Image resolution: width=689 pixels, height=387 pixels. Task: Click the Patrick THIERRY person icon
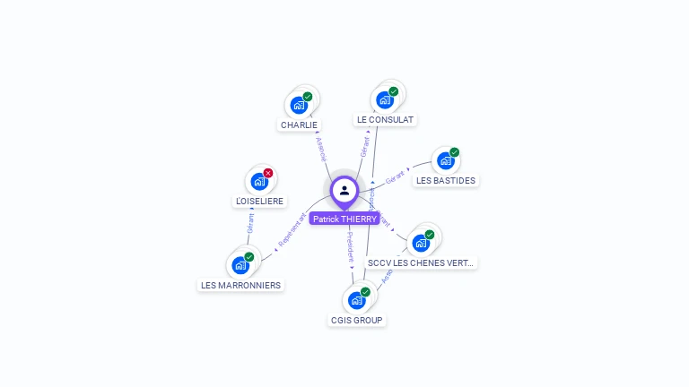coord(344,190)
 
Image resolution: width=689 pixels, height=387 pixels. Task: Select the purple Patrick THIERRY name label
coord(344,219)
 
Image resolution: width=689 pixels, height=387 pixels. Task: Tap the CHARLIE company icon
coord(299,105)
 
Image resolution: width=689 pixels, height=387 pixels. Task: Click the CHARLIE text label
coord(299,125)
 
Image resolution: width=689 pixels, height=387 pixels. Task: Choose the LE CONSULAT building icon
coord(385,99)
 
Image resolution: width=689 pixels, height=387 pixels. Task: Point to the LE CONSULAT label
coord(385,119)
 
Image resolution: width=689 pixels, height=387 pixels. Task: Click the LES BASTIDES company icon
coord(446,161)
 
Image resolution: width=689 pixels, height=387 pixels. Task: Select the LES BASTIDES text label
coord(446,181)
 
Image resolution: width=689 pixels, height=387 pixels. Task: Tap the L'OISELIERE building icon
coord(259,182)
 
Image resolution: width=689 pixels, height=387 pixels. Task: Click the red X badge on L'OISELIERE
coord(268,173)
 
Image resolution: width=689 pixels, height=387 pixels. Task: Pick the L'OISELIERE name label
coord(259,202)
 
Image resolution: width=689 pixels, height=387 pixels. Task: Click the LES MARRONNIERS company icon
coord(240,265)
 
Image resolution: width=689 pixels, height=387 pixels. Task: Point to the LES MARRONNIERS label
coord(240,286)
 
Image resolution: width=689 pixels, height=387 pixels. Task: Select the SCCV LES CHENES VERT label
coord(421,263)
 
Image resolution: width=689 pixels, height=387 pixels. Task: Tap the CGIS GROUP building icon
coord(356,300)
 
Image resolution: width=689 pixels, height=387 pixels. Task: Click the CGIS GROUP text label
coord(356,321)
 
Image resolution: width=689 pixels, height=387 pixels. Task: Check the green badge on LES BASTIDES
coord(455,152)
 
